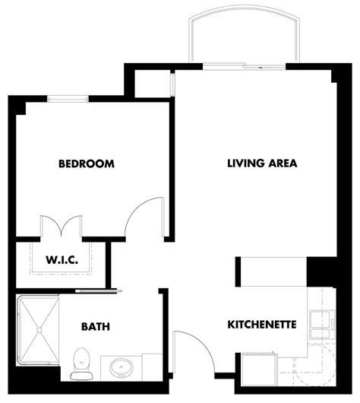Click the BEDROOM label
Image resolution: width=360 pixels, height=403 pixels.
[86, 163]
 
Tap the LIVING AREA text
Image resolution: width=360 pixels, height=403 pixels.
[262, 163]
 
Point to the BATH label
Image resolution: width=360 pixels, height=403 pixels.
[96, 327]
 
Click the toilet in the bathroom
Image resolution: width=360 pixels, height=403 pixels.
[79, 364]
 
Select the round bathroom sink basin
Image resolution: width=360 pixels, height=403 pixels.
[119, 369]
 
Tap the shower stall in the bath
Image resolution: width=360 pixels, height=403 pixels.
[37, 335]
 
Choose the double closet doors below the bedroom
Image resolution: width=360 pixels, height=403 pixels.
[60, 227]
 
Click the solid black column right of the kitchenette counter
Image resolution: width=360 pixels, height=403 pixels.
[319, 269]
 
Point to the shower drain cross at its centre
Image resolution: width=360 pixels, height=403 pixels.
[37, 335]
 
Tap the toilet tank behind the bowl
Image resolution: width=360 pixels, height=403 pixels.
[79, 376]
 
